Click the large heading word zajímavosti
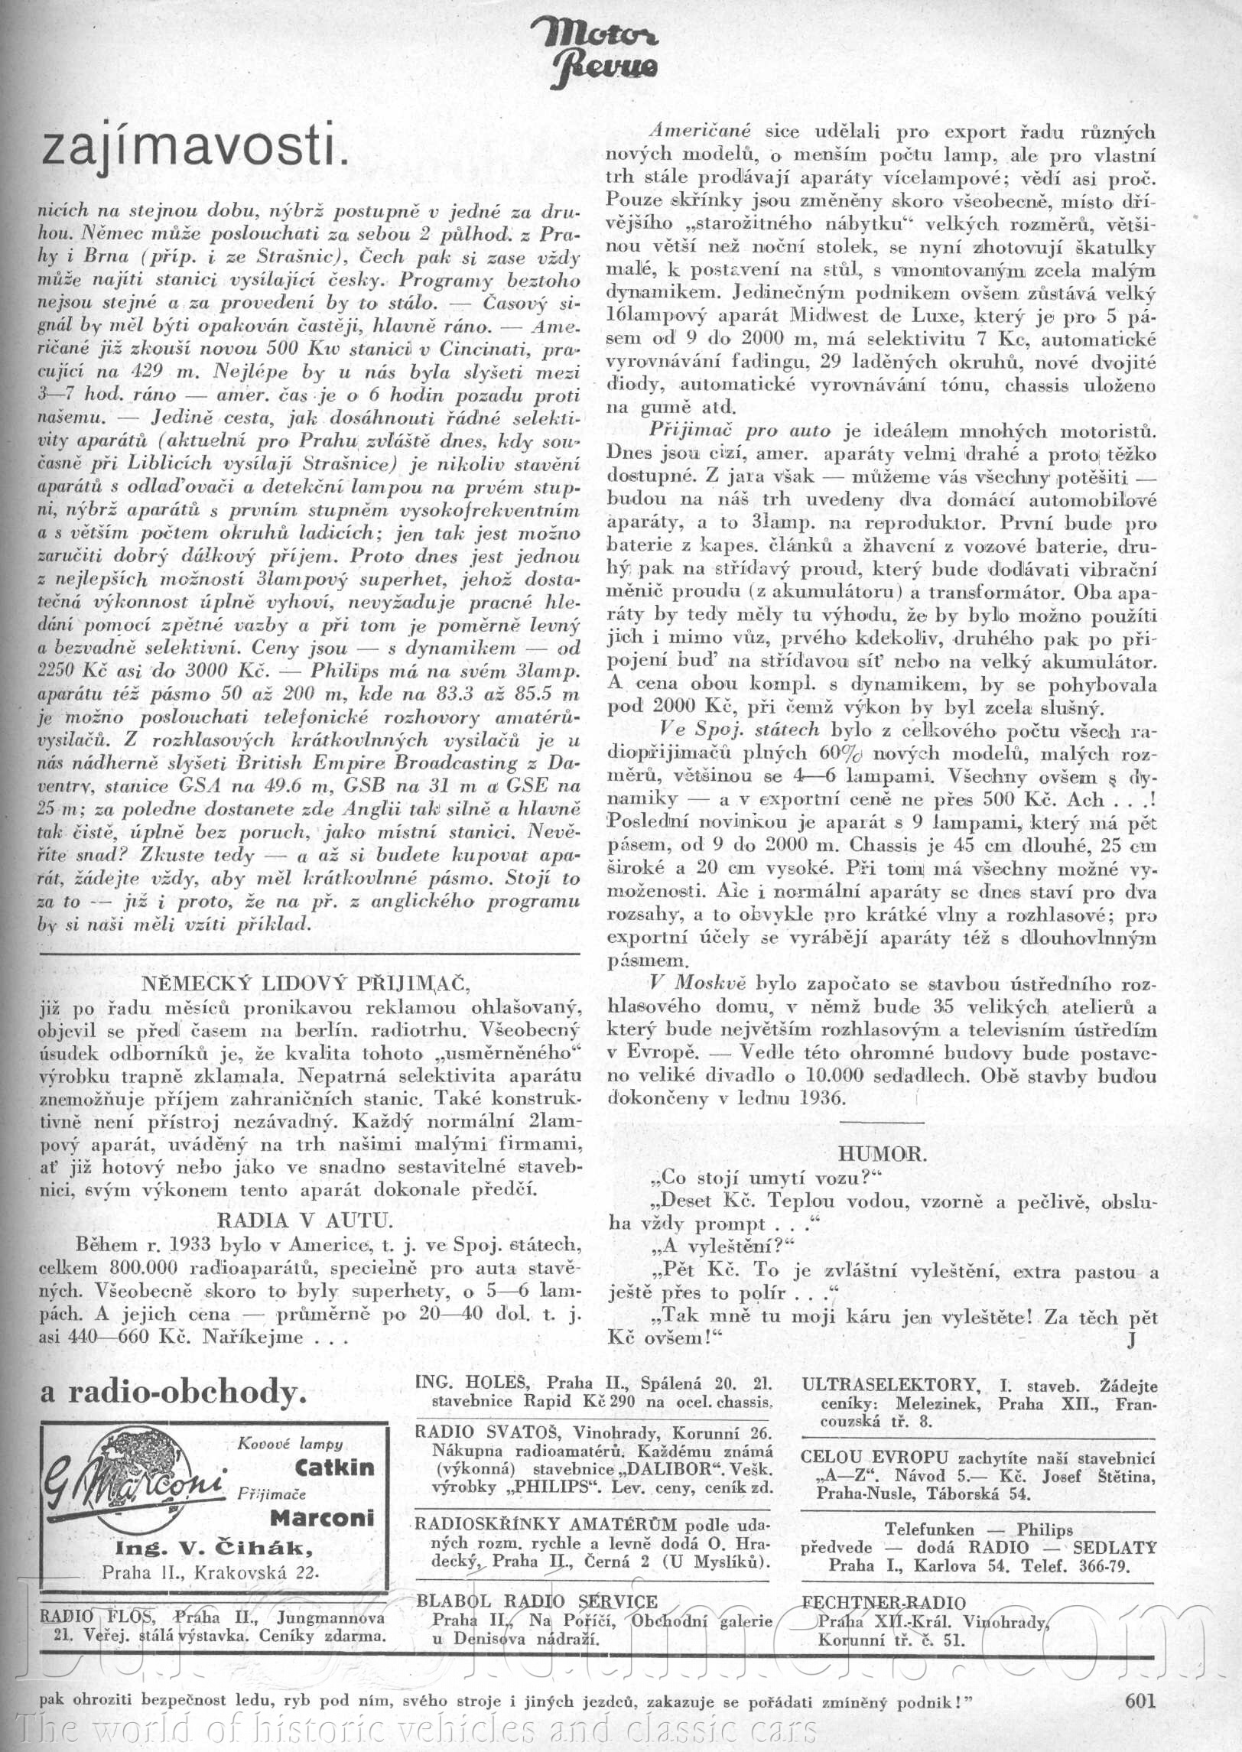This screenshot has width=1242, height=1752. (x=195, y=146)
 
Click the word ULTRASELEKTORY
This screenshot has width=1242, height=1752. (x=889, y=1385)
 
